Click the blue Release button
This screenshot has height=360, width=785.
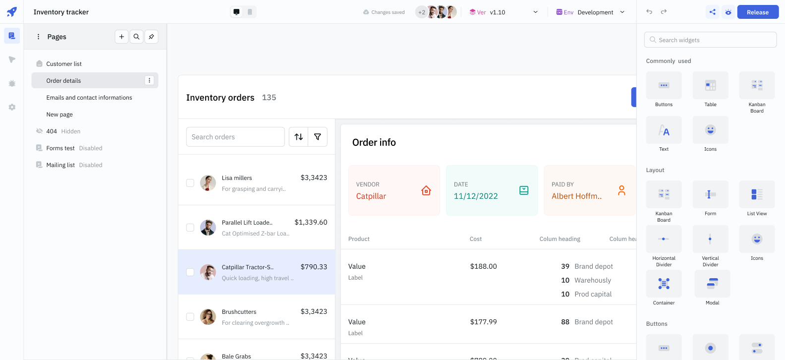pyautogui.click(x=758, y=12)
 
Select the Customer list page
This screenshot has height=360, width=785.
pyautogui.click(x=64, y=64)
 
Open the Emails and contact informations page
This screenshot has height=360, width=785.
pyautogui.click(x=89, y=98)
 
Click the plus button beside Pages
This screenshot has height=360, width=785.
pyautogui.click(x=121, y=37)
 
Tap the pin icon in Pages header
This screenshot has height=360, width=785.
pyautogui.click(x=151, y=37)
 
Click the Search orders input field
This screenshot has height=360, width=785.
pyautogui.click(x=235, y=137)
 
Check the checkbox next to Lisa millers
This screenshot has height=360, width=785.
pyautogui.click(x=190, y=183)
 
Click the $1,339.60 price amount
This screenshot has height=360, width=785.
pyautogui.click(x=311, y=222)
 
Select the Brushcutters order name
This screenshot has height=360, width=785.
pyautogui.click(x=239, y=312)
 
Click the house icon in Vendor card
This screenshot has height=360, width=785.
pyautogui.click(x=426, y=190)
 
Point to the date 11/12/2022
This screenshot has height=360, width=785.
pyautogui.click(x=476, y=196)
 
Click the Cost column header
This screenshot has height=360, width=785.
pyautogui.click(x=475, y=239)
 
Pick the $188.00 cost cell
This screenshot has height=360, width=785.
pyautogui.click(x=483, y=266)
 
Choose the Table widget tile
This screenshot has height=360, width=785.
pyautogui.click(x=710, y=86)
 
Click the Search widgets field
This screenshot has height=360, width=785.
pyautogui.click(x=710, y=40)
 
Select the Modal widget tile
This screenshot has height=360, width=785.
pyautogui.click(x=712, y=284)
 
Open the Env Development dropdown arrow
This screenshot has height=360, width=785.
pyautogui.click(x=622, y=12)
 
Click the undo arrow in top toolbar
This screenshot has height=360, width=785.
pyautogui.click(x=649, y=12)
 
